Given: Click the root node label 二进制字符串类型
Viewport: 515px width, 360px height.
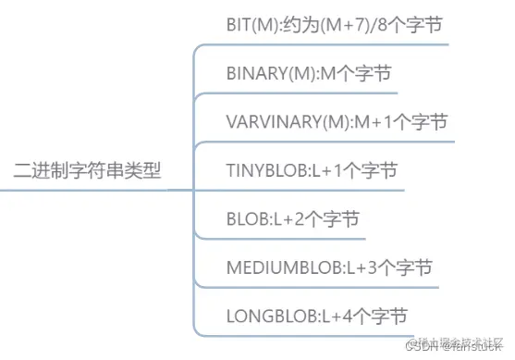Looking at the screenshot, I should click(x=88, y=169).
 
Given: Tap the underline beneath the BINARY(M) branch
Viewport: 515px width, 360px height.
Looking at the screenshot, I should click(x=305, y=93).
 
